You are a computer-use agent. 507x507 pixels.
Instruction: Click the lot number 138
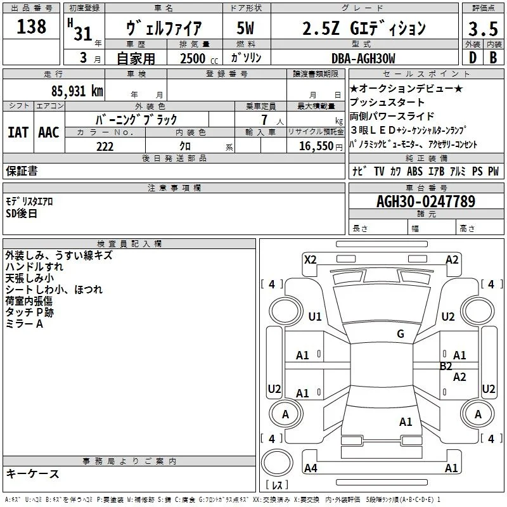[x=31, y=27]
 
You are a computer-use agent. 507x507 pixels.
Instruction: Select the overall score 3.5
[x=483, y=29]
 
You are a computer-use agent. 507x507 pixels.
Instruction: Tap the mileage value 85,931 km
[x=77, y=91]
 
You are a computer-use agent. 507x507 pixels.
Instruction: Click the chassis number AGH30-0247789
[x=426, y=202]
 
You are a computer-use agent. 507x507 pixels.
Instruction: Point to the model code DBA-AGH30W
[x=363, y=58]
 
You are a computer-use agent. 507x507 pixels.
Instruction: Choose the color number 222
[x=105, y=146]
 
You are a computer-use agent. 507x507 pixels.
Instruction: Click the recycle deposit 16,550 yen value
[x=321, y=146]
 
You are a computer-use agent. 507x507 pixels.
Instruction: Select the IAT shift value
[x=18, y=132]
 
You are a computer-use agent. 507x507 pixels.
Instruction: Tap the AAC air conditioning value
[x=49, y=132]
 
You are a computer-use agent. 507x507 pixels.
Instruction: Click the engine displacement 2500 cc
[x=199, y=58]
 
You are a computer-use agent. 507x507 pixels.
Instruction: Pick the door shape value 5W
[x=245, y=28]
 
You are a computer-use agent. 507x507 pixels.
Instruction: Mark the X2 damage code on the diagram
[x=311, y=260]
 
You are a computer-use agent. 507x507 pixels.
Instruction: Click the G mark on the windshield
[x=401, y=334]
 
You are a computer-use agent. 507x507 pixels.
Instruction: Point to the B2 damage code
[x=446, y=366]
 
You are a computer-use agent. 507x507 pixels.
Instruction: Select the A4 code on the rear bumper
[x=311, y=468]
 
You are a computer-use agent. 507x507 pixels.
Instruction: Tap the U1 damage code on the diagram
[x=315, y=316]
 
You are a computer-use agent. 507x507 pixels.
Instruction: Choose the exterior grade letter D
[x=473, y=58]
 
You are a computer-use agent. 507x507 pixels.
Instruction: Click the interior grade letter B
[x=494, y=58]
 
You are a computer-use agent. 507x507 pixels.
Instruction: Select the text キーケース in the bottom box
[x=33, y=473]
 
